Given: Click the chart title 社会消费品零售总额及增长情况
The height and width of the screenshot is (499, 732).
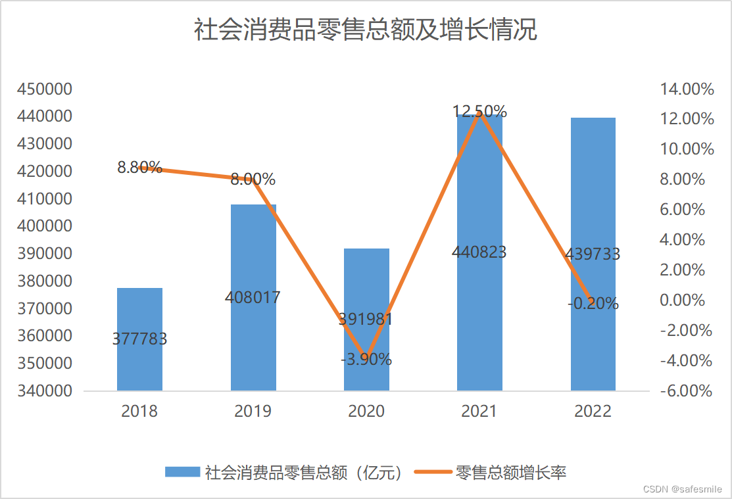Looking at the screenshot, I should [366, 30].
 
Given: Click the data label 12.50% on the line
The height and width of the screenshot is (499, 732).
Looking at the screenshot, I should [479, 111].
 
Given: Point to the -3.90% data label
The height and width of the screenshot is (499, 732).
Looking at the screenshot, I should [366, 360].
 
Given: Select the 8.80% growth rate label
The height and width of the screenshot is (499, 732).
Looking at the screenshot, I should [139, 167].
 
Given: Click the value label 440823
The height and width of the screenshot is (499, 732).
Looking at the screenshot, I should [479, 252].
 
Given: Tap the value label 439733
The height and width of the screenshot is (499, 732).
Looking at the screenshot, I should [593, 254].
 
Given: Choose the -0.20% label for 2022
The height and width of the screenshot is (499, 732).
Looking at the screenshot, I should [593, 303].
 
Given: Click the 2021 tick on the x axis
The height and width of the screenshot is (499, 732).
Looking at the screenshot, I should [479, 412].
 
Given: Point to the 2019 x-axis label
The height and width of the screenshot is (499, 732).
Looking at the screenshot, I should [253, 412].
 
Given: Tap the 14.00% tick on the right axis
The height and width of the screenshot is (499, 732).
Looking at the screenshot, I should [687, 89].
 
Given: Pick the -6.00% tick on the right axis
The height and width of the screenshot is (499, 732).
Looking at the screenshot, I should [687, 391].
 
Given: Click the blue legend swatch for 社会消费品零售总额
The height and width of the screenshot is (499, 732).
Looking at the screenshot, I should [182, 471].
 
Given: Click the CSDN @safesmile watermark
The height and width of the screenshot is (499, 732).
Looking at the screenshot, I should [681, 489].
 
